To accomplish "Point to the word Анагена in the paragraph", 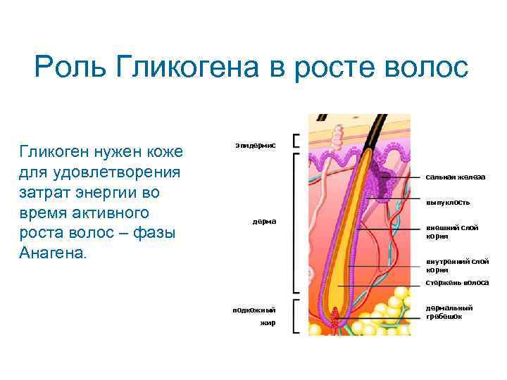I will [51, 253].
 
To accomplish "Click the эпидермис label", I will [255, 145].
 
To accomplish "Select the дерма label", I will [265, 222].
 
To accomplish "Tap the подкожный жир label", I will [254, 316].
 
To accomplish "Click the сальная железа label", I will [455, 177].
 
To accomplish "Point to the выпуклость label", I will [447, 203].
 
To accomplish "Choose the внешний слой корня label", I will [447, 232].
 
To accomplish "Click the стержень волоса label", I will [456, 283].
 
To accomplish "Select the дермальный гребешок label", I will [449, 312].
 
